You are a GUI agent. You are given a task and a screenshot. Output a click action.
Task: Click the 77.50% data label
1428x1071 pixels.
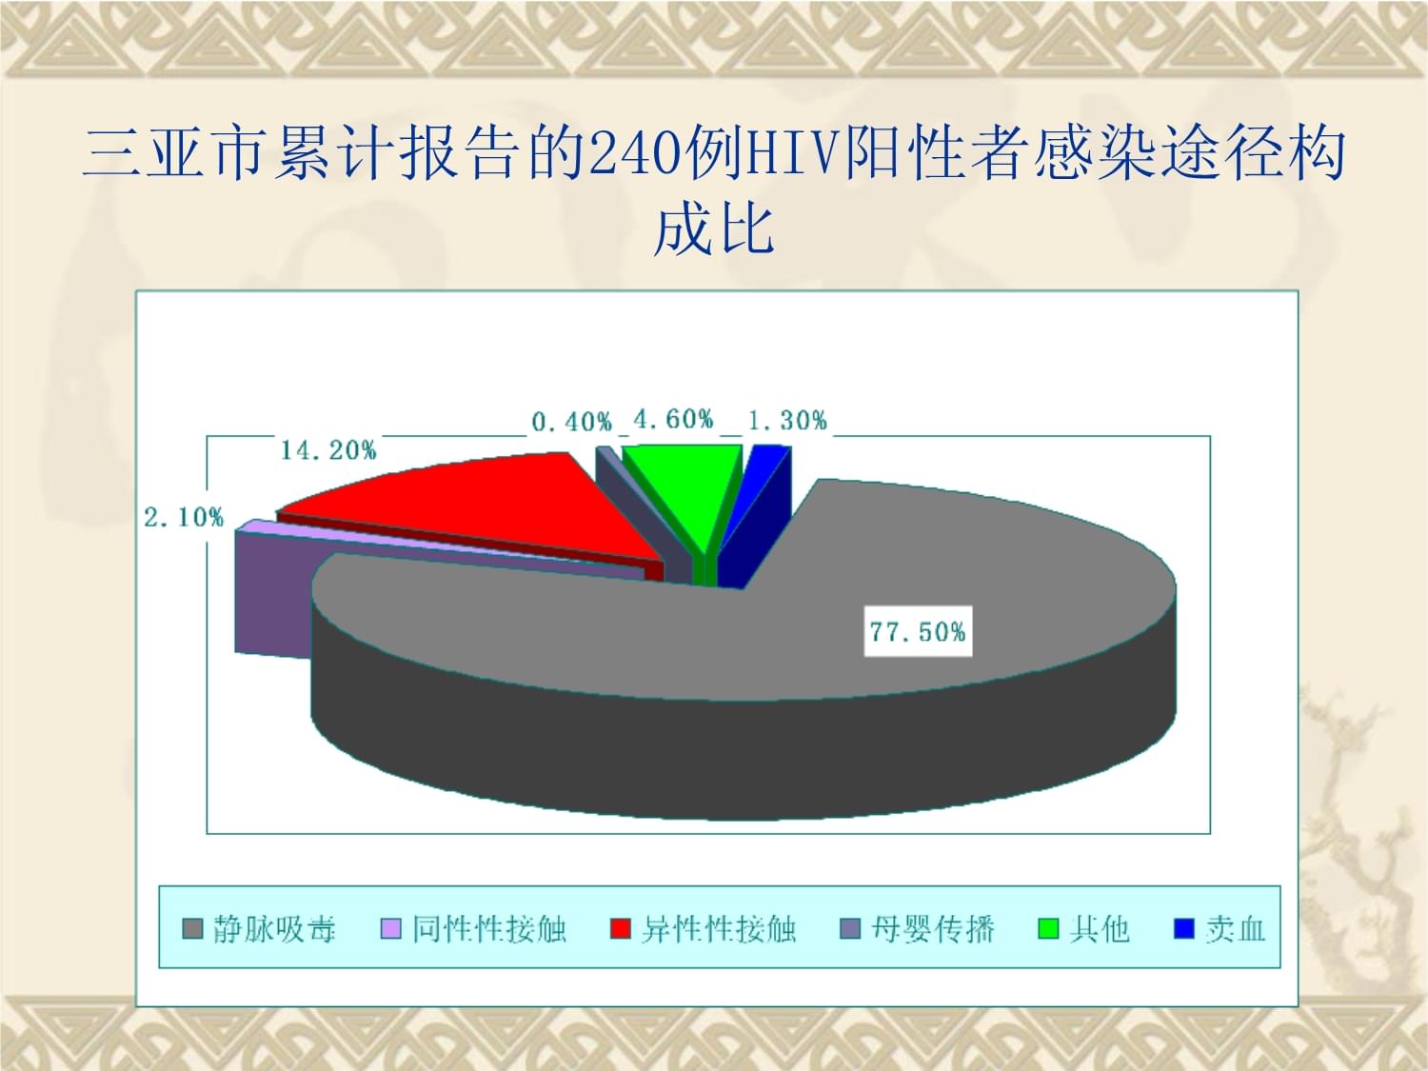click(x=918, y=631)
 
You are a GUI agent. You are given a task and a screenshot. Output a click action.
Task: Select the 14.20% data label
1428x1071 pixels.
click(x=328, y=450)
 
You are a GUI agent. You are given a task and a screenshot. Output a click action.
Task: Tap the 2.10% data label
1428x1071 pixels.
click(x=184, y=518)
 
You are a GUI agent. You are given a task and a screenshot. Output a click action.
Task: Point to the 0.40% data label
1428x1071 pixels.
click(x=572, y=422)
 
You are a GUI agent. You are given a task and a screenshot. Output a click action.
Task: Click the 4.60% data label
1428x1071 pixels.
click(x=673, y=419)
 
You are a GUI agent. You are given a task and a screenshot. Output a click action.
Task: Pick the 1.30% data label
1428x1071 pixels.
click(x=788, y=421)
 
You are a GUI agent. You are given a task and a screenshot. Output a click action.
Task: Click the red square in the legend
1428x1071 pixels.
click(x=621, y=929)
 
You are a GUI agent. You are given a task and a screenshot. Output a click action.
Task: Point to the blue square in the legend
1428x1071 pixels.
click(x=1184, y=929)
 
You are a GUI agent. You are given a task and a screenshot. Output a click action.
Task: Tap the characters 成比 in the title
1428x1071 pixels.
click(x=714, y=228)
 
